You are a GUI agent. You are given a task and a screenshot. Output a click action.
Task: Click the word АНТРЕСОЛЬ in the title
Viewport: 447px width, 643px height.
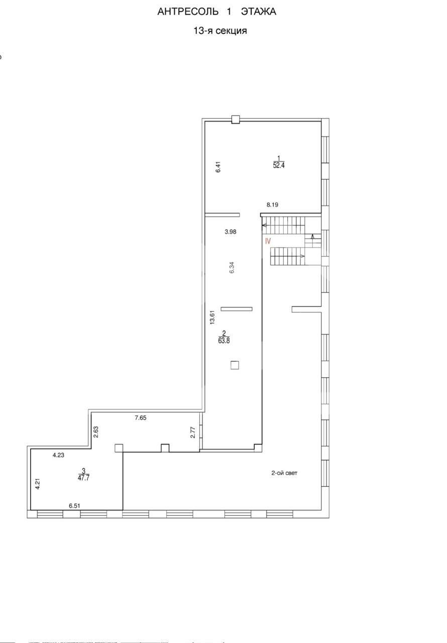[188, 12]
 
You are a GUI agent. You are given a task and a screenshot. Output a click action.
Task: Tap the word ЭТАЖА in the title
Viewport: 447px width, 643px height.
[258, 12]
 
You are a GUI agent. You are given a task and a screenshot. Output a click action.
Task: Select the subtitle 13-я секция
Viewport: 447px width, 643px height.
[220, 31]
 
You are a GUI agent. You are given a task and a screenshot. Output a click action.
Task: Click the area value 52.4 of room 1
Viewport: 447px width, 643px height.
[278, 165]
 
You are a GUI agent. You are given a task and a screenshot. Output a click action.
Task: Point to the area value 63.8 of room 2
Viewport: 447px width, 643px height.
[224, 341]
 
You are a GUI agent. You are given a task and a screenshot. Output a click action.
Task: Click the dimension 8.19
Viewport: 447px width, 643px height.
[272, 204]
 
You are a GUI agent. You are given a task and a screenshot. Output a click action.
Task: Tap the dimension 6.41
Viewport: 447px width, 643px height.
[218, 167]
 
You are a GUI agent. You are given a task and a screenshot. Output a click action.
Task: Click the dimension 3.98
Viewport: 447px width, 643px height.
[230, 232]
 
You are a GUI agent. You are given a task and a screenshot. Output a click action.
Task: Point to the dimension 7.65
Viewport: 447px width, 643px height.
[140, 417]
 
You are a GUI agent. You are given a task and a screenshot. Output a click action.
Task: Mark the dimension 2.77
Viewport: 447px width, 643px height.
[193, 433]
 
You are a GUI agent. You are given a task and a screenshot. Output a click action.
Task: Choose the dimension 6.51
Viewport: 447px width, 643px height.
[74, 506]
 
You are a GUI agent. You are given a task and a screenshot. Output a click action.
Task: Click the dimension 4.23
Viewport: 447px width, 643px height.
[58, 455]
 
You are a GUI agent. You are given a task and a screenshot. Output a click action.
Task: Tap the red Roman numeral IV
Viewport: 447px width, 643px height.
[267, 241]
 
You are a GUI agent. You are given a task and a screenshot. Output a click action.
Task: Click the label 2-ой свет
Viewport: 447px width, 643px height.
[284, 473]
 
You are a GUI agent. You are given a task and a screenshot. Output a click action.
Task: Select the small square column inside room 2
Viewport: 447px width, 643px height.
[235, 365]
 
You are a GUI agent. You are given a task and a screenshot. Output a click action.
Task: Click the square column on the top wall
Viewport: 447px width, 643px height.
[235, 120]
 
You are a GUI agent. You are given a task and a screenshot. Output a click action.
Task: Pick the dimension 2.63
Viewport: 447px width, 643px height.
[96, 432]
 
